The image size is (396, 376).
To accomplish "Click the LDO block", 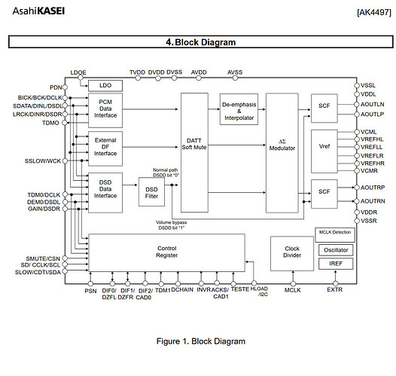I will (105, 84).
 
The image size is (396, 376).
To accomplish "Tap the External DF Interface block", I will (105, 146).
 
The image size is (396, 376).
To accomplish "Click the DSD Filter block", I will (152, 191).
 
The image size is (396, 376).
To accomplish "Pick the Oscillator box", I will (335, 249).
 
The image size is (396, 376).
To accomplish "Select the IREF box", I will (335, 264).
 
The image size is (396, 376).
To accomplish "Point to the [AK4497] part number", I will (367, 13).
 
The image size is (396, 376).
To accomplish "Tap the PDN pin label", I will (56, 87).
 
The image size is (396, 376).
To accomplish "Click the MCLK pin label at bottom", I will (292, 289).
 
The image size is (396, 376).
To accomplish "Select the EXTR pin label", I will (335, 289).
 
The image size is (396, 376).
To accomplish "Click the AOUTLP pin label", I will (373, 114).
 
